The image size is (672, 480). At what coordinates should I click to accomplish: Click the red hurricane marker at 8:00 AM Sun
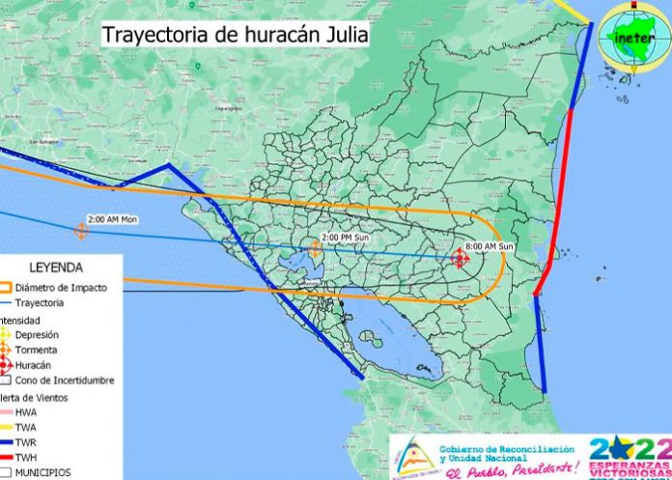[461, 257]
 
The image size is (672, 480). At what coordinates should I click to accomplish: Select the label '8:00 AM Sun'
[488, 246]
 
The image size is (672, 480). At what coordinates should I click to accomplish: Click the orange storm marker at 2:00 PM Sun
[316, 247]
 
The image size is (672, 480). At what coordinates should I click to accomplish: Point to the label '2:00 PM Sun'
[345, 237]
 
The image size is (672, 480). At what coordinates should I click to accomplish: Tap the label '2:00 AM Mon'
[112, 219]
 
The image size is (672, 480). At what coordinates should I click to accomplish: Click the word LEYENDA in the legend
[56, 268]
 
